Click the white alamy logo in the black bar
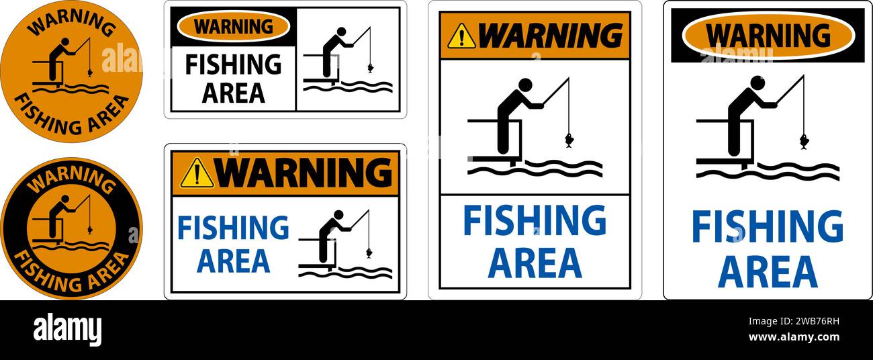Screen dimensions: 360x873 click(x=67, y=330)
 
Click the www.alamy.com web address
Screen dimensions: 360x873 click(x=793, y=337)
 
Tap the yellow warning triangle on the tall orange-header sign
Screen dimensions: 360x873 click(x=461, y=36)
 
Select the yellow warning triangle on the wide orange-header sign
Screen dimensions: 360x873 click(x=197, y=173)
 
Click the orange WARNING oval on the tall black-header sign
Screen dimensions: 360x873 click(x=768, y=35)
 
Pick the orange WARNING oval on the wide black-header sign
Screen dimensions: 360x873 click(x=233, y=27)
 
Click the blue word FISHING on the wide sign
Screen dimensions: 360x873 click(x=233, y=228)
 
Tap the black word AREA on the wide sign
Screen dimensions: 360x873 click(x=233, y=92)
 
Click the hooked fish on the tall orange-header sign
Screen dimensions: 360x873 click(x=569, y=140)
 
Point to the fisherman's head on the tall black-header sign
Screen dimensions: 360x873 click(x=757, y=83)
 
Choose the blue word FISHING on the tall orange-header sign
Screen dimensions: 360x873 click(x=535, y=221)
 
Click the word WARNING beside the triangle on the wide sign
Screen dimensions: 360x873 click(x=304, y=173)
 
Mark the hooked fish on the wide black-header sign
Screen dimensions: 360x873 click(x=370, y=68)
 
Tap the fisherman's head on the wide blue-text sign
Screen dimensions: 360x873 click(x=338, y=215)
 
